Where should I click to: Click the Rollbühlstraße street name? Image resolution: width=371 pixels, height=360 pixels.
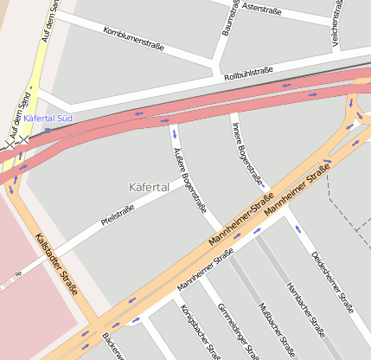tap(248, 74)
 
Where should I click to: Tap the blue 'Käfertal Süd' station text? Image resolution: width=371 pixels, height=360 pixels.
tap(48, 117)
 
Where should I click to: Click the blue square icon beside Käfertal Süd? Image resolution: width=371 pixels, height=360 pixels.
tap(48, 130)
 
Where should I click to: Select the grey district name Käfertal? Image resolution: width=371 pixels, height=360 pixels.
tap(149, 186)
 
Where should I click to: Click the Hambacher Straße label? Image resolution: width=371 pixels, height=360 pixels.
tap(305, 307)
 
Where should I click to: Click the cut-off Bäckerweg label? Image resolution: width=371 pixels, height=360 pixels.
tap(112, 347)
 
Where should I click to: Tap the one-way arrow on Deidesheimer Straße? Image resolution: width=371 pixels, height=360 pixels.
tap(297, 229)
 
